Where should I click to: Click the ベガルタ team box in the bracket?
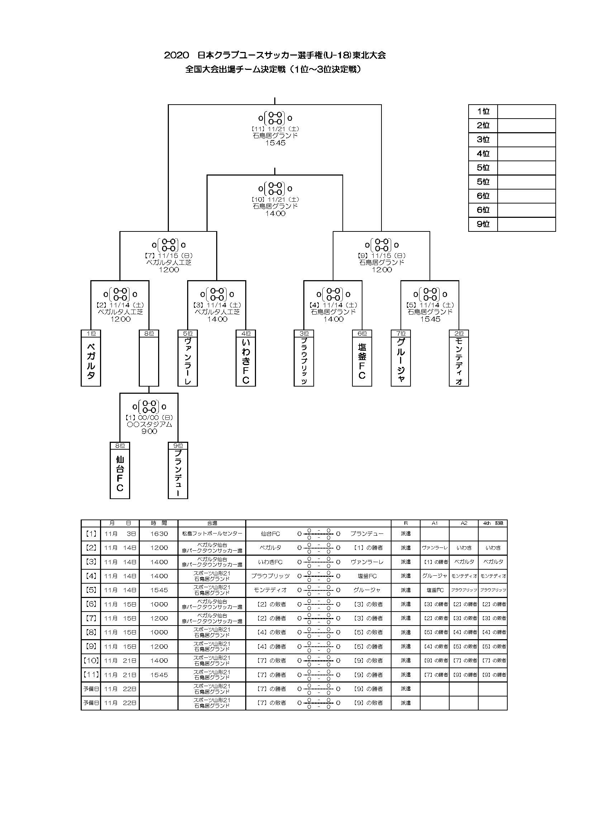(x=91, y=361)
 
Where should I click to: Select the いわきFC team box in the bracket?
(x=246, y=361)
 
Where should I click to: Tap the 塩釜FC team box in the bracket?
(x=362, y=361)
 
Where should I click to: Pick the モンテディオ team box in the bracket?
(x=459, y=361)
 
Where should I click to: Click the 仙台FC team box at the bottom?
(x=120, y=473)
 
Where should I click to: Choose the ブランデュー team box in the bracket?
(x=178, y=473)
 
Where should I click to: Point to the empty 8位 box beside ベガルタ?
(x=149, y=361)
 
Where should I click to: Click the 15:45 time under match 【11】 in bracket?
(x=275, y=143)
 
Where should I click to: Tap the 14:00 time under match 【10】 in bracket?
(x=275, y=214)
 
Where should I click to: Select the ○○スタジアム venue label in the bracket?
(x=149, y=424)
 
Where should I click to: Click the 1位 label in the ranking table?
(x=483, y=111)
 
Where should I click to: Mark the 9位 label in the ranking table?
(x=483, y=224)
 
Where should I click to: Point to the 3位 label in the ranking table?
(x=483, y=139)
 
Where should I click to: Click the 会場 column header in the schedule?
(x=212, y=523)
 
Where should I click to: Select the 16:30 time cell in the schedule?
(x=159, y=533)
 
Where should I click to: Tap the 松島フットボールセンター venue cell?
(x=212, y=533)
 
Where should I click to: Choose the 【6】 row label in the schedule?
(x=91, y=604)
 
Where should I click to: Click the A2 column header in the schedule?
(x=464, y=523)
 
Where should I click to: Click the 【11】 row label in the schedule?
(x=91, y=675)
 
